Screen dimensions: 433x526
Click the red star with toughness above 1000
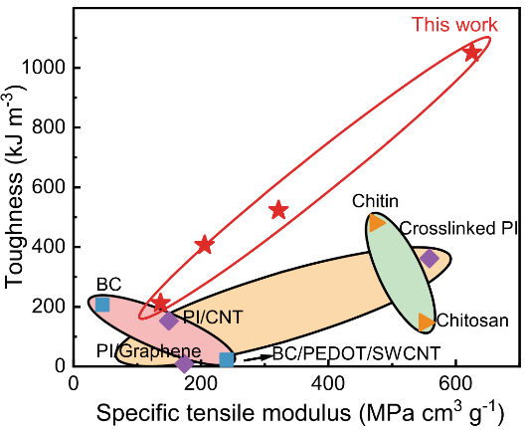(473, 51)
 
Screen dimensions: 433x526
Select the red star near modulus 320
(278, 210)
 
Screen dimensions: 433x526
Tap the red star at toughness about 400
(205, 244)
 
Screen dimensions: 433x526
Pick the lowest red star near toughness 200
(160, 302)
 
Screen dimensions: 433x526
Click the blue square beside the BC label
(102, 304)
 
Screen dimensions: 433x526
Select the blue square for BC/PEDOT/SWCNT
(227, 359)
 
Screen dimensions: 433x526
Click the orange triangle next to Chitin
(377, 222)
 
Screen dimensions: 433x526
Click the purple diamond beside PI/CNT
(169, 321)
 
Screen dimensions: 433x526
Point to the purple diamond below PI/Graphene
(184, 364)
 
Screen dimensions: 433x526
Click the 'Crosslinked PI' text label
(458, 229)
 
